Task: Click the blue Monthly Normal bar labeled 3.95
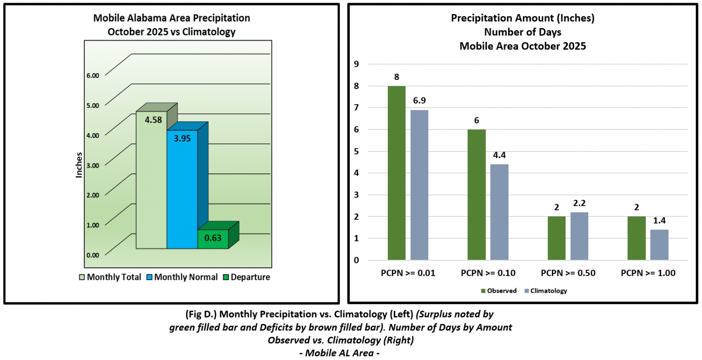tap(182, 189)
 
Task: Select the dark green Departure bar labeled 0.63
tap(213, 239)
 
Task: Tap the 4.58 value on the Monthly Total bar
tap(154, 120)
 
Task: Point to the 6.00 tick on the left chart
tap(93, 76)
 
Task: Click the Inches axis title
tap(79, 165)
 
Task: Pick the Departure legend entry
tap(247, 277)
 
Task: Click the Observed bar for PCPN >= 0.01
tap(397, 173)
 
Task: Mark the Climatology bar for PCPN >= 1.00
tap(659, 245)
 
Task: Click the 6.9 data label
tap(419, 101)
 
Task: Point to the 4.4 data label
tap(499, 155)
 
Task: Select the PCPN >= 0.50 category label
tap(568, 273)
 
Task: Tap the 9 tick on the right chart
tap(357, 64)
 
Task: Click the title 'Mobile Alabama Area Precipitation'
tap(172, 18)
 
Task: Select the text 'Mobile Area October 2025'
tap(523, 46)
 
